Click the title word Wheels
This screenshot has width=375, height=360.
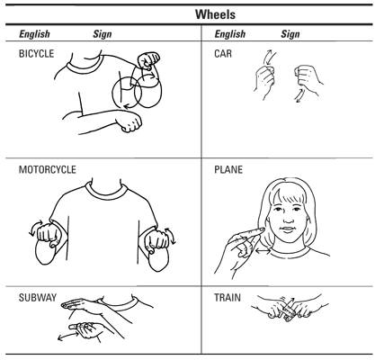tap(215, 14)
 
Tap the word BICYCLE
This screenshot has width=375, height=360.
tap(36, 54)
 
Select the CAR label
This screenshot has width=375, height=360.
tap(223, 54)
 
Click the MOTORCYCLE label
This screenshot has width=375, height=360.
tap(48, 169)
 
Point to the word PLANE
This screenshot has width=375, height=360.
tap(228, 169)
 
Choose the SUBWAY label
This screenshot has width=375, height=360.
tap(38, 298)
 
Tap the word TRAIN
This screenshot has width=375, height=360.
tap(228, 298)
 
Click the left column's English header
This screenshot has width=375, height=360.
tap(34, 34)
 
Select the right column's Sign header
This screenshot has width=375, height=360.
tap(290, 34)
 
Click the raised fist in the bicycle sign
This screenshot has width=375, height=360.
tap(148, 60)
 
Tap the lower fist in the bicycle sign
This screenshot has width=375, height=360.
tap(129, 121)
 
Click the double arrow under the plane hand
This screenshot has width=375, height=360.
tap(263, 249)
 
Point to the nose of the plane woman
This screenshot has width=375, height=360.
tap(288, 219)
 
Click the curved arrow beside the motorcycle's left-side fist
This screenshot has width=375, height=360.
tap(35, 228)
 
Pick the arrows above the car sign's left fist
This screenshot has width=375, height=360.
tap(269, 57)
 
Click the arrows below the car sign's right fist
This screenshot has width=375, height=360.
tap(300, 96)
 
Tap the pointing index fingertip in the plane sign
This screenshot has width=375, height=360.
tap(263, 229)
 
